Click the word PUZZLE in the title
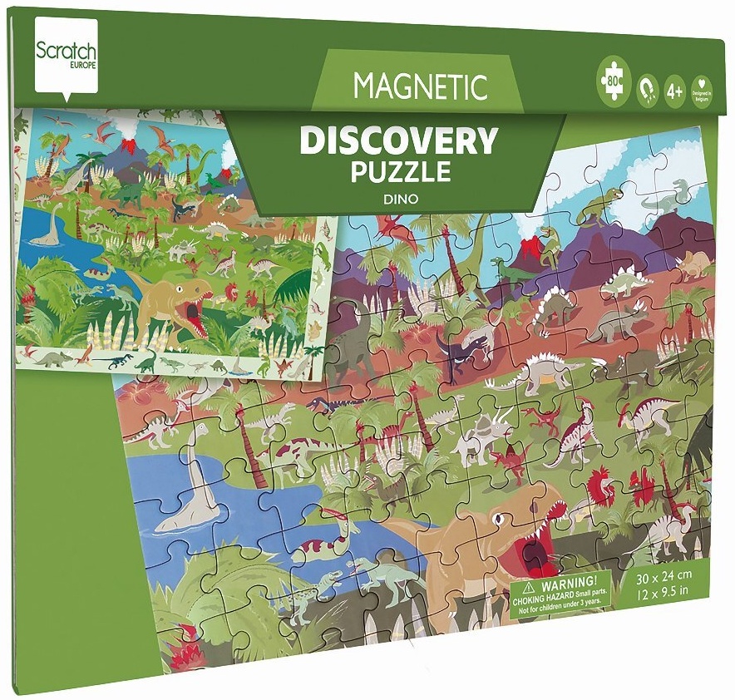(400, 173)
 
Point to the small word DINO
(401, 199)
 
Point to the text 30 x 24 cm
(662, 575)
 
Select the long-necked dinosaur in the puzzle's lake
(187, 499)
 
